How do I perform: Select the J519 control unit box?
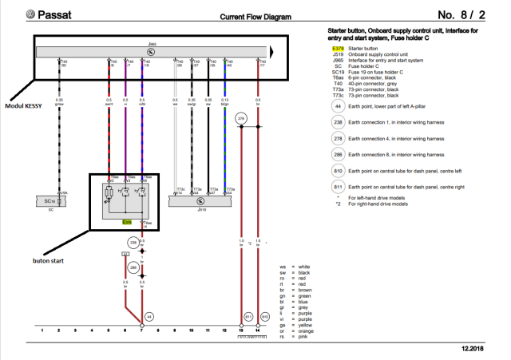[204, 204]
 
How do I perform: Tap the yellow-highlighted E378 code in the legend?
[339, 48]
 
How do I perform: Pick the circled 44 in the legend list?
[339, 106]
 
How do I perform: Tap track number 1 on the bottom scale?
[42, 330]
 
